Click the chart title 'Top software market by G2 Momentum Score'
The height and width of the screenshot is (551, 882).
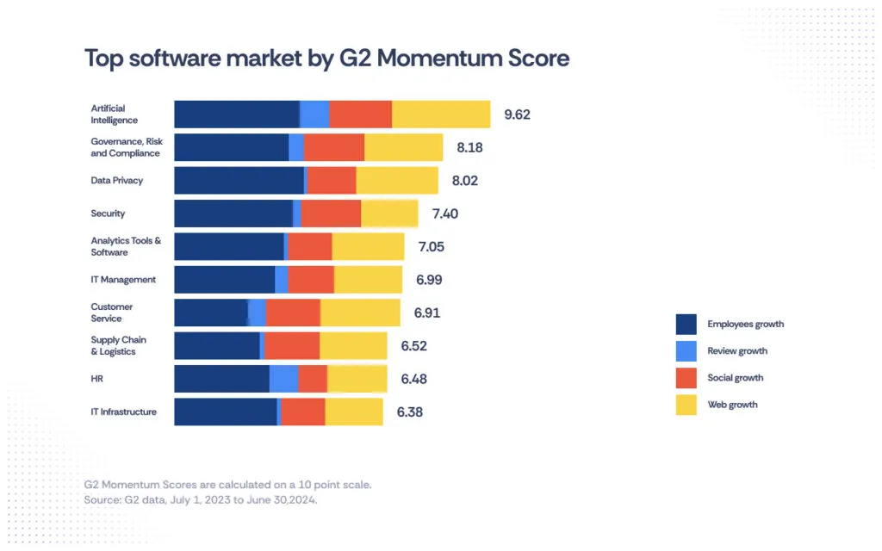coord(326,59)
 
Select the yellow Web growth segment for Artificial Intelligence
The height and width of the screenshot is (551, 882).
coord(441,115)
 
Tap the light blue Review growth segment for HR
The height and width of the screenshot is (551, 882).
coord(283,379)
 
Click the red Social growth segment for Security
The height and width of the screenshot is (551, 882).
coord(331,214)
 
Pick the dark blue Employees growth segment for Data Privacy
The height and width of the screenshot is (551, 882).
coord(239,181)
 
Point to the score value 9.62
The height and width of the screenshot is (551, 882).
coord(517,115)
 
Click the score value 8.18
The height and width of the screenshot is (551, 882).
coord(469,147)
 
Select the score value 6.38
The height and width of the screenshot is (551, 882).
coord(409,412)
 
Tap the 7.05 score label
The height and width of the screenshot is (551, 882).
coord(431,247)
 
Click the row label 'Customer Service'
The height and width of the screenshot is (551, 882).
coord(112,313)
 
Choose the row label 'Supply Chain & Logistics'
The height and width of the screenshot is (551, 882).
coord(119,346)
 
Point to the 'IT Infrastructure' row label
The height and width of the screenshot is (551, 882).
coord(124,412)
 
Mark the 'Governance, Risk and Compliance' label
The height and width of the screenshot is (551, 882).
coord(127,147)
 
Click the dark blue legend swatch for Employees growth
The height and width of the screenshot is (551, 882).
coord(686,325)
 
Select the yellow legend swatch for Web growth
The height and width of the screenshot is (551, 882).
coord(686,405)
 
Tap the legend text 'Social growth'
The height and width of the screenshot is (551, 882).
coord(735,378)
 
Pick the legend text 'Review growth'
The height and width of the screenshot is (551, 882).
coord(737,351)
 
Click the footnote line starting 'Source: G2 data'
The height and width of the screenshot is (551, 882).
coord(201,500)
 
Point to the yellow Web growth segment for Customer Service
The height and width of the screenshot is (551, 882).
coord(360,313)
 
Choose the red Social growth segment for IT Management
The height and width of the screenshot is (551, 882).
coord(311,280)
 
